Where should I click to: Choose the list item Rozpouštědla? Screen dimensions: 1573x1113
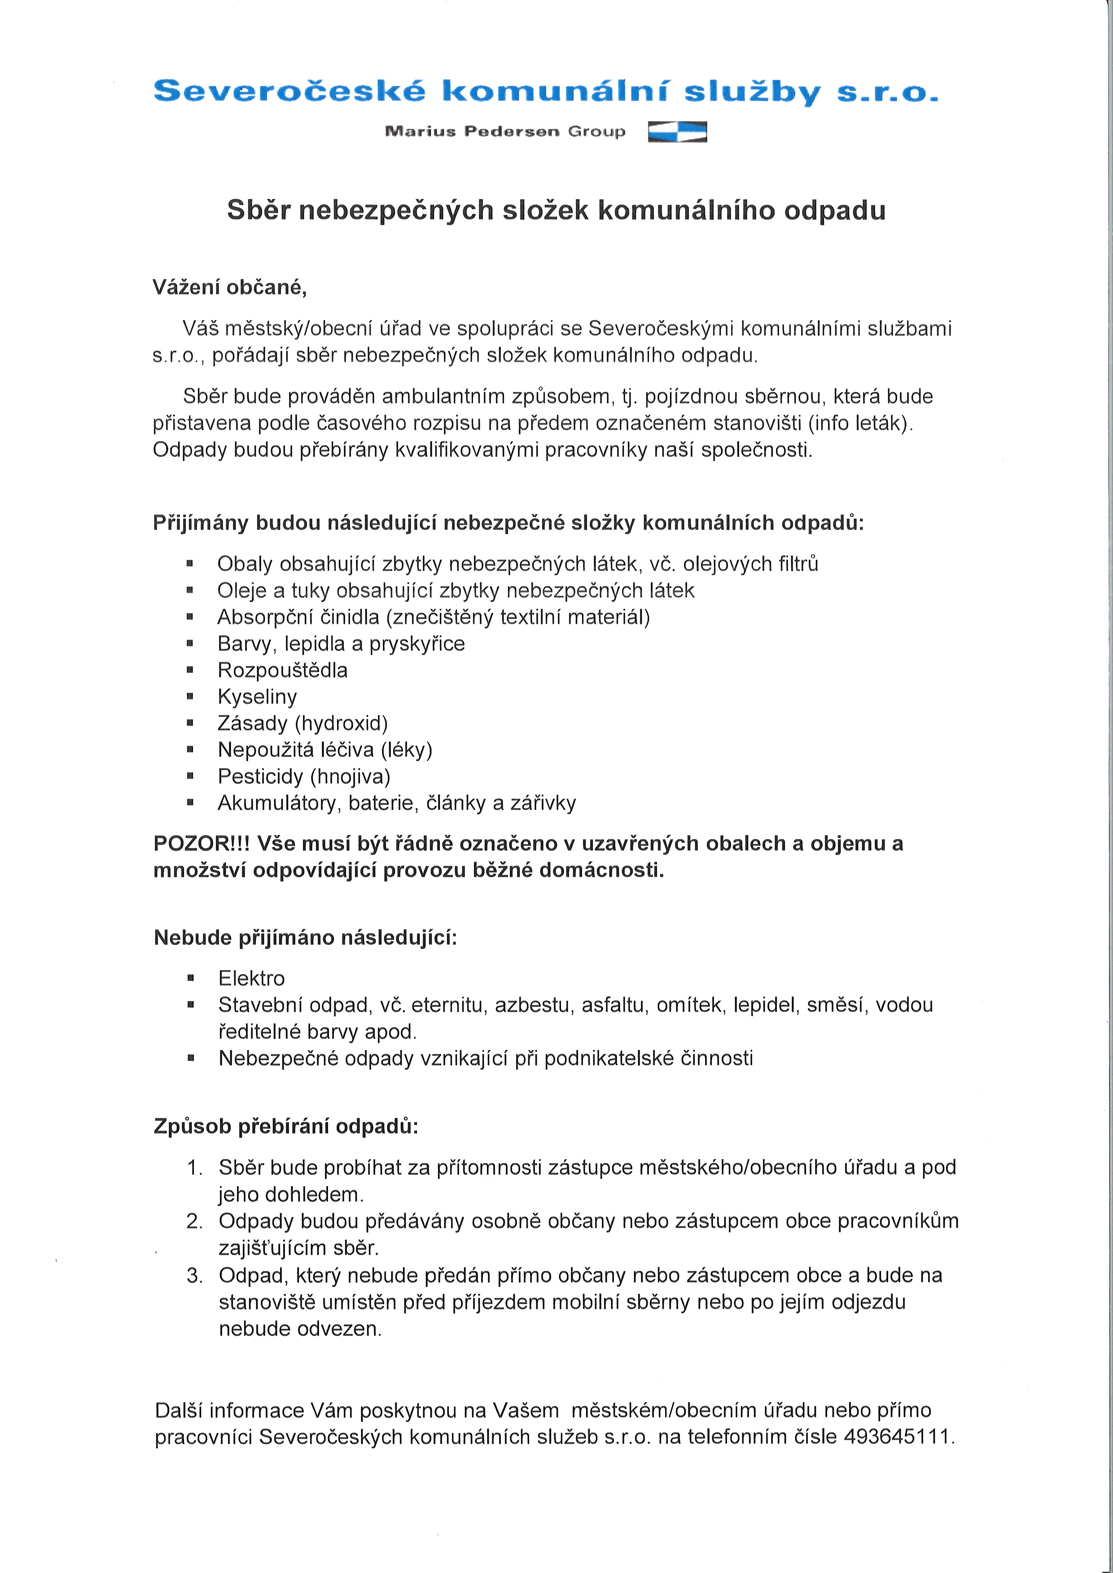pos(282,670)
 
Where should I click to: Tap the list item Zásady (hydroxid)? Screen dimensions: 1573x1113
pos(302,723)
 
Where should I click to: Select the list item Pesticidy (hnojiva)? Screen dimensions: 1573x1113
pos(304,777)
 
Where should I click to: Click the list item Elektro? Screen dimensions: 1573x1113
pos(251,978)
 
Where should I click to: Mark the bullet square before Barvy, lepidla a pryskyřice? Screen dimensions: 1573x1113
pos(190,644)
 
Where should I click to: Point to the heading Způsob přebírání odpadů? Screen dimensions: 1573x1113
pos(286,1126)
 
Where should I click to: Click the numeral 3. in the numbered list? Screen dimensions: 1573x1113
pos(195,1275)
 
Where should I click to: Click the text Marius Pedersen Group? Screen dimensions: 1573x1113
pos(505,131)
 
